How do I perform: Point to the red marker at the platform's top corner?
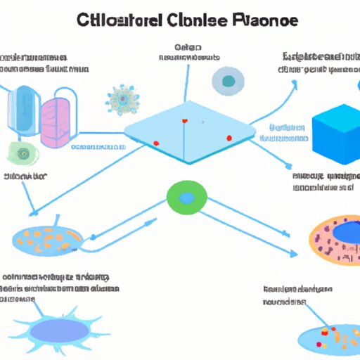coord(185,121)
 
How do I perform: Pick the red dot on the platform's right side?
coord(229,137)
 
